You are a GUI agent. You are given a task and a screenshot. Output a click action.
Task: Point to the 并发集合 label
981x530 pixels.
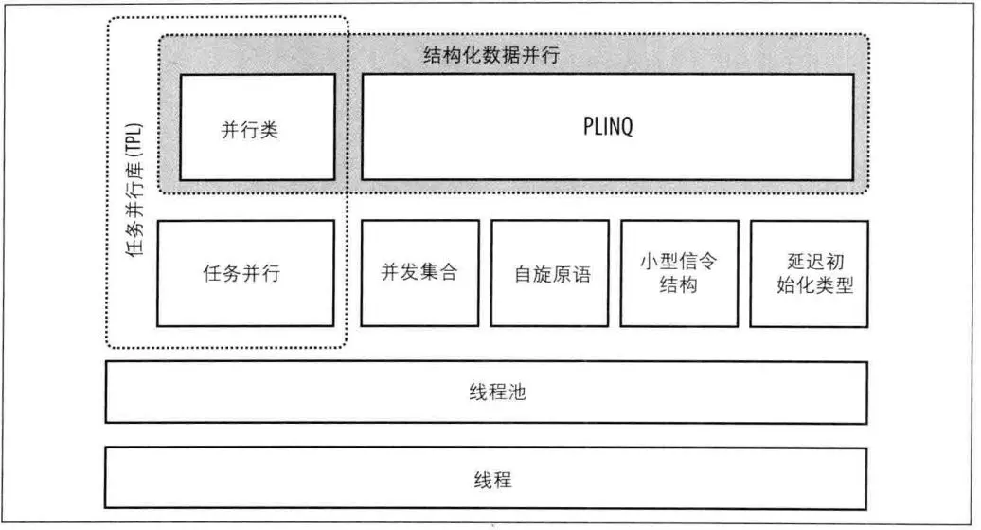click(419, 273)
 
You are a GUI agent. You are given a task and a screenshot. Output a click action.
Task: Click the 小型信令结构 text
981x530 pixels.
click(678, 273)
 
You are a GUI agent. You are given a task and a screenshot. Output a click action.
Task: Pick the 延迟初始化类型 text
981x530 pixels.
click(807, 273)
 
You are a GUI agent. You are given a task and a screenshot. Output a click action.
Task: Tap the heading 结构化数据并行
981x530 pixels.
click(490, 54)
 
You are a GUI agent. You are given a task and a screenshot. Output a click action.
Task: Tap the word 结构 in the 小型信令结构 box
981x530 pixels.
click(678, 284)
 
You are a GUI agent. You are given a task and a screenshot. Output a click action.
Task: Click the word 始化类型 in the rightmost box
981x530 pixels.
click(808, 284)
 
